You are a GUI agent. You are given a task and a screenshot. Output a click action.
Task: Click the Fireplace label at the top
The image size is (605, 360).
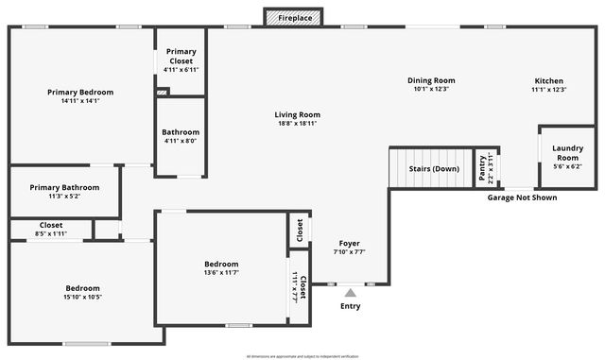tap(293, 18)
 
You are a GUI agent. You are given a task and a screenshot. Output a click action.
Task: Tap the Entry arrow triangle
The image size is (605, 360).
tap(351, 293)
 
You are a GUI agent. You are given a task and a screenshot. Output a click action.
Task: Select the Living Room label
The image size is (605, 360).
tap(297, 114)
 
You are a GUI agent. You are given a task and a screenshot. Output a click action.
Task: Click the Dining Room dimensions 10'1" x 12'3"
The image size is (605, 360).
tap(431, 90)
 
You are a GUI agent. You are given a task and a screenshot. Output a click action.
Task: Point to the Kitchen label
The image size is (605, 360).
tap(549, 80)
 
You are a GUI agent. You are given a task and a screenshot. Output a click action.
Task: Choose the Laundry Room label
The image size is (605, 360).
tap(567, 151)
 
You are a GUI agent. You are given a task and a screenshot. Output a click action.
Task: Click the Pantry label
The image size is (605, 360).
tap(482, 168)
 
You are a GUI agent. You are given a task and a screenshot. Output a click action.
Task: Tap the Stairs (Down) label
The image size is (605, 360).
tap(434, 168)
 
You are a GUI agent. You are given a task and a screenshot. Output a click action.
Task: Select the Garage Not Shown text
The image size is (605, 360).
tap(522, 197)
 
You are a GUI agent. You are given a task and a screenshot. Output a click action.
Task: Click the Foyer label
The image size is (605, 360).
tap(349, 244)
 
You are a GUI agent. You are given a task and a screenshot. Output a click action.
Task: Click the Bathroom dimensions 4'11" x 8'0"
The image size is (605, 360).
tap(181, 141)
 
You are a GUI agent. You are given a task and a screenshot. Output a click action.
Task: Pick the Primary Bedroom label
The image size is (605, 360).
tap(80, 92)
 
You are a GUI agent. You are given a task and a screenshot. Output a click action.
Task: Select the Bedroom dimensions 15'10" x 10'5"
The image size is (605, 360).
tap(83, 297)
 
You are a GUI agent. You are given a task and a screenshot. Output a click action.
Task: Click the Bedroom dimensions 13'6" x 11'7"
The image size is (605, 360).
tap(221, 272)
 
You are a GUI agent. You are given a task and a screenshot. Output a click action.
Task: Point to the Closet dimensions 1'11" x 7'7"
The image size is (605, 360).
tap(294, 285)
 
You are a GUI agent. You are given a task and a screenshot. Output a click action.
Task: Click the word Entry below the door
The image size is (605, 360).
tap(351, 306)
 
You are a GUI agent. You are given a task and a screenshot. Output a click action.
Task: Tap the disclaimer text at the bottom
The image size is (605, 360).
tap(302, 355)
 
